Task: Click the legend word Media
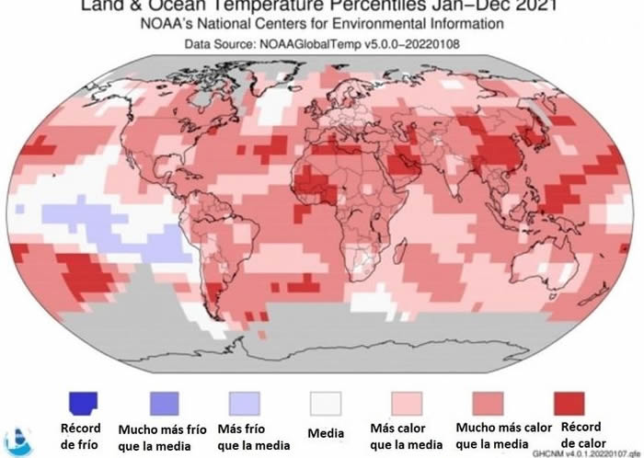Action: [325, 433]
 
